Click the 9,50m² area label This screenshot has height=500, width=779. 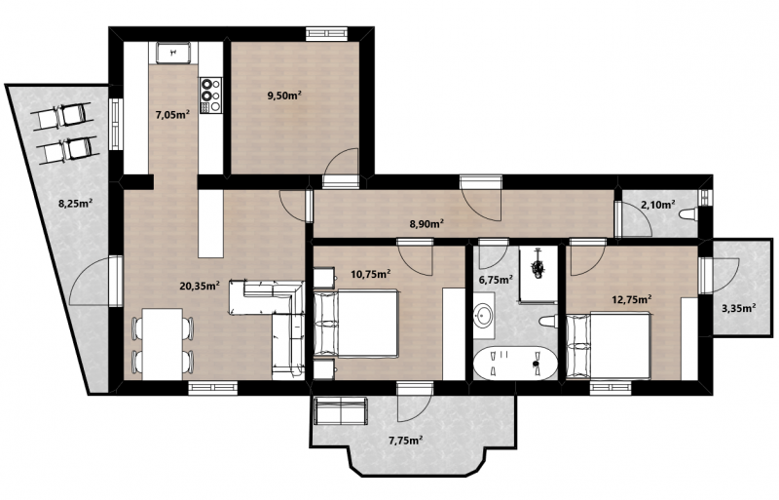click(x=284, y=96)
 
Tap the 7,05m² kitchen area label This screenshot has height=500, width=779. click(x=172, y=115)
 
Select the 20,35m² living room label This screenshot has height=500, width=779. click(x=200, y=286)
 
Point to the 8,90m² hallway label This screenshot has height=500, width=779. click(x=427, y=224)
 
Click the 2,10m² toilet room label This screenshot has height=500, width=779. click(x=658, y=204)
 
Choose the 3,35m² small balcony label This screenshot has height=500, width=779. click(x=739, y=308)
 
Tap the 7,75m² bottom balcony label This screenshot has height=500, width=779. click(x=405, y=440)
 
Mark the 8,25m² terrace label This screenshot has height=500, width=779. click(x=76, y=203)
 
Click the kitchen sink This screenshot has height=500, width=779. click(x=173, y=53)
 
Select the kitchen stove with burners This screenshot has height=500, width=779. click(x=210, y=95)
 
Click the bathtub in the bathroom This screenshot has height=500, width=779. click(x=515, y=363)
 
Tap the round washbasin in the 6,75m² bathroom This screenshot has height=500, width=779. click(x=483, y=316)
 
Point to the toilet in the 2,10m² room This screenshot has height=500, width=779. click(x=688, y=214)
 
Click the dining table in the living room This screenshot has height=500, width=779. click(x=162, y=344)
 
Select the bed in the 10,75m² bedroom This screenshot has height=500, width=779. click(x=356, y=324)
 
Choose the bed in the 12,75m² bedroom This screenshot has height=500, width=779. click(x=609, y=345)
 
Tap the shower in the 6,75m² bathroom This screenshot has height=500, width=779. click(x=538, y=274)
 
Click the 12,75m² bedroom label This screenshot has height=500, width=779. click(x=631, y=299)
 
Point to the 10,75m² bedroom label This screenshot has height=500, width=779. click(x=370, y=274)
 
